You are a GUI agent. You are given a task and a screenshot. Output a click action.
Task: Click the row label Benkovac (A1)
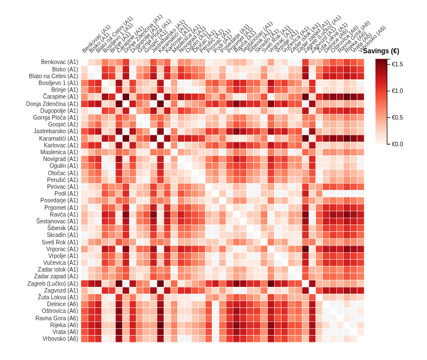[59, 62]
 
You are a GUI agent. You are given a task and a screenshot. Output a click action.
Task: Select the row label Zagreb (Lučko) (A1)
[53, 283]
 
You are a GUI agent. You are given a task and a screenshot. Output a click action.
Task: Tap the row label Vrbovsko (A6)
[60, 339]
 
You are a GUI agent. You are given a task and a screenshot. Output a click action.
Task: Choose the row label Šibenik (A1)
[63, 228]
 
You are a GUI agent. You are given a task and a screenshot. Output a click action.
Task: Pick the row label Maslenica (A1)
[59, 152]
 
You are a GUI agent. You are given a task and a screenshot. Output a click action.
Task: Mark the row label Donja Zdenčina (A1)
[52, 104]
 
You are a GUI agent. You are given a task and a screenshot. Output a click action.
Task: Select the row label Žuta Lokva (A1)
[58, 298]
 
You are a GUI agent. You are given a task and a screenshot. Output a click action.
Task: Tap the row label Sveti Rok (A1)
[60, 242]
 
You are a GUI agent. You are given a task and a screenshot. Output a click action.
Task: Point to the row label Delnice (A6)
[62, 304]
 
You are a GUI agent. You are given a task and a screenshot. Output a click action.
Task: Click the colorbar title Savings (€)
[381, 51]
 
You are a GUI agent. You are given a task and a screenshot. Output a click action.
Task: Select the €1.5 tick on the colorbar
[397, 64]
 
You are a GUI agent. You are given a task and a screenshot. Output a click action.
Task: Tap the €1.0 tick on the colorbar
[397, 91]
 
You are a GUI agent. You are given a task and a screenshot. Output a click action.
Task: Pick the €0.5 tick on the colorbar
[397, 117]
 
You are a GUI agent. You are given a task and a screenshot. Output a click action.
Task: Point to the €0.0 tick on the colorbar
[397, 144]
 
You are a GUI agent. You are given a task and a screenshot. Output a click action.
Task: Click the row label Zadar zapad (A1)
[56, 277]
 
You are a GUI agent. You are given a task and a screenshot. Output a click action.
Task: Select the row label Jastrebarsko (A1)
[55, 132]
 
